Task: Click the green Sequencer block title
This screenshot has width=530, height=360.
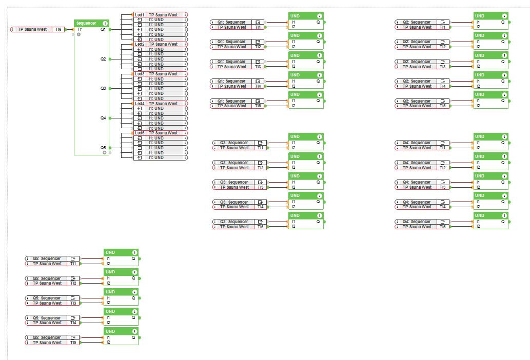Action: (x=86, y=23)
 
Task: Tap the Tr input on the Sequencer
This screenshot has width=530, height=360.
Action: (x=80, y=29)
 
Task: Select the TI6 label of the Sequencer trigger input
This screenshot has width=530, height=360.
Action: (x=58, y=30)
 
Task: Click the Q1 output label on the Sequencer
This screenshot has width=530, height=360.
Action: (x=103, y=29)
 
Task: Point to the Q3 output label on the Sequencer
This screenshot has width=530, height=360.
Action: (x=103, y=88)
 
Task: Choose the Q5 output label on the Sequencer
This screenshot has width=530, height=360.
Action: (x=103, y=147)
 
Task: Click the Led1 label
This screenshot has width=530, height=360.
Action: (x=140, y=15)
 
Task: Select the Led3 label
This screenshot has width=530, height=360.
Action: (x=140, y=74)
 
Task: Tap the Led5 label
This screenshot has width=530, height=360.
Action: (x=140, y=133)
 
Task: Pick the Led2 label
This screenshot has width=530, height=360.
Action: (x=140, y=45)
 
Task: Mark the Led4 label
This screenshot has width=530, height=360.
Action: (x=140, y=104)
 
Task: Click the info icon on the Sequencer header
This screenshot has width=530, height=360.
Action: (x=105, y=23)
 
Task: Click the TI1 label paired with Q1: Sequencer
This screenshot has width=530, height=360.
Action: (x=258, y=27)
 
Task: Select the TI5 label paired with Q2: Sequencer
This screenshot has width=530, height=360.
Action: (x=443, y=106)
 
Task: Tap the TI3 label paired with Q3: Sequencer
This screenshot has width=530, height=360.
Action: (x=261, y=187)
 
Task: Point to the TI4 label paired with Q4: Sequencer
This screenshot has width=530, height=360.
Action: (x=443, y=207)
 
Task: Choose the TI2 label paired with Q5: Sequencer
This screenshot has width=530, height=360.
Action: (x=73, y=283)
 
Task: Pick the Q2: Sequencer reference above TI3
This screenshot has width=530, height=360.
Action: (x=417, y=62)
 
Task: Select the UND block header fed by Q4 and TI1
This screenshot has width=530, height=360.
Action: (x=490, y=137)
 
